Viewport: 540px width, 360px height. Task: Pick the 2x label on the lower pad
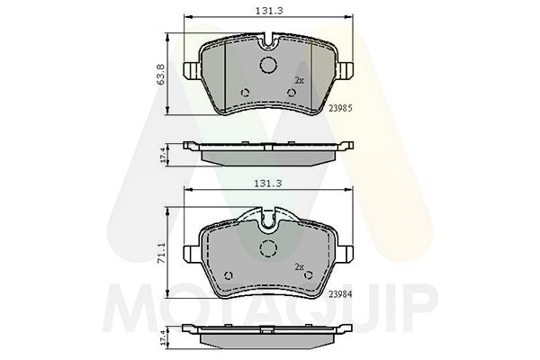coord(300,266)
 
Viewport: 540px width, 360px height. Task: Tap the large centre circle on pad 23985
coord(268,65)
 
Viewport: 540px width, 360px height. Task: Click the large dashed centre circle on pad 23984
coord(268,249)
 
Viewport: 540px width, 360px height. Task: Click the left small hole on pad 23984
coord(228,275)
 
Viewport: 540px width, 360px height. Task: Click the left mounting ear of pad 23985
coord(191,69)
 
